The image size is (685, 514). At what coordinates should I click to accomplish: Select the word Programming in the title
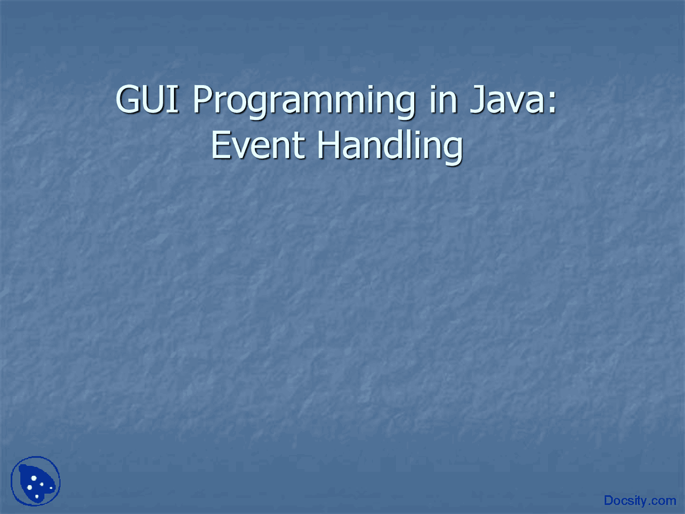[x=303, y=101]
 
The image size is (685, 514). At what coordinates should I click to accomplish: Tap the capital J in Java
[x=477, y=100]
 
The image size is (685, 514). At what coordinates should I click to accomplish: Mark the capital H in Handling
[x=328, y=146]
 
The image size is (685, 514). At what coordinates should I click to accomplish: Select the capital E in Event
[x=220, y=146]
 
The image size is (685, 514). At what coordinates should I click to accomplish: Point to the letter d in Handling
[x=391, y=146]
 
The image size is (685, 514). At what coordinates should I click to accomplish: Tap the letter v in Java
[x=517, y=103]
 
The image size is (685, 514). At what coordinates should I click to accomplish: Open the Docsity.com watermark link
[x=640, y=501]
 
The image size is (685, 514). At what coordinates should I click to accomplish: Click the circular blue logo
[x=36, y=481]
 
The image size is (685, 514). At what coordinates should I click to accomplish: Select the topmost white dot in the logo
[x=34, y=478]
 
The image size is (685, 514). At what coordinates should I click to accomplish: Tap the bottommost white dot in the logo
[x=37, y=497]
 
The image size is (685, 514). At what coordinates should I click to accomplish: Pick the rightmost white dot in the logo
[x=51, y=487]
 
